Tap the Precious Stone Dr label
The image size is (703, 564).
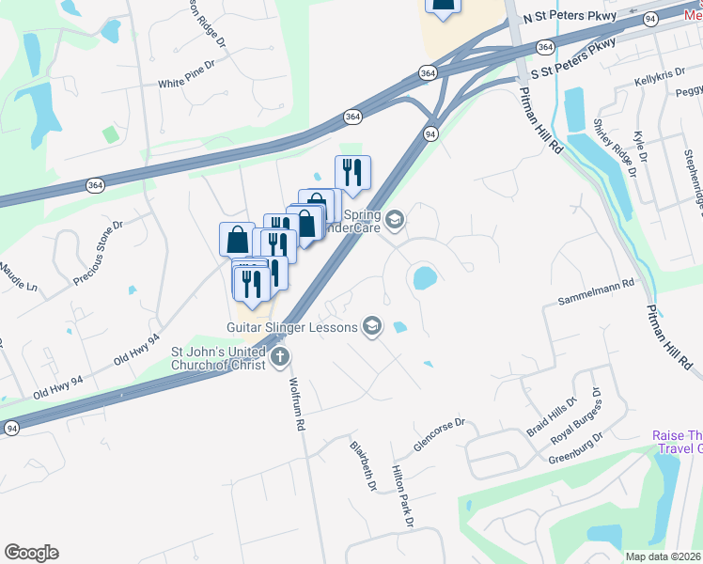(x=99, y=254)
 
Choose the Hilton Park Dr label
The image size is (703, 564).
(x=403, y=494)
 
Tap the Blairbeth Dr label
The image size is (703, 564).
(x=363, y=466)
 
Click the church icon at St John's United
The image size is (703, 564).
(x=280, y=357)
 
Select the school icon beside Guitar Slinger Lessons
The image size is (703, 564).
(x=372, y=326)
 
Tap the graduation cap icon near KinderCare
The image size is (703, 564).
(x=395, y=220)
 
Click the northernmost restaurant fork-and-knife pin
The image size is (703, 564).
(x=352, y=172)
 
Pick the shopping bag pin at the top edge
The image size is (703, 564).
(x=444, y=5)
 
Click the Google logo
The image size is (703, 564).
(x=31, y=553)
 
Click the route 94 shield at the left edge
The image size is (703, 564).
(x=11, y=428)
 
